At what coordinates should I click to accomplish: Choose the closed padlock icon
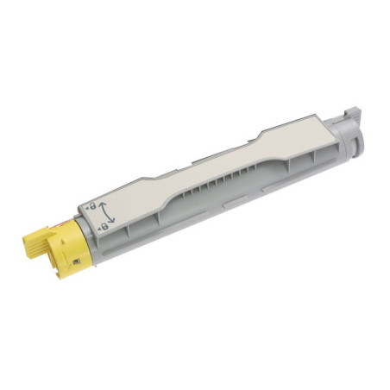tap(104, 225)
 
